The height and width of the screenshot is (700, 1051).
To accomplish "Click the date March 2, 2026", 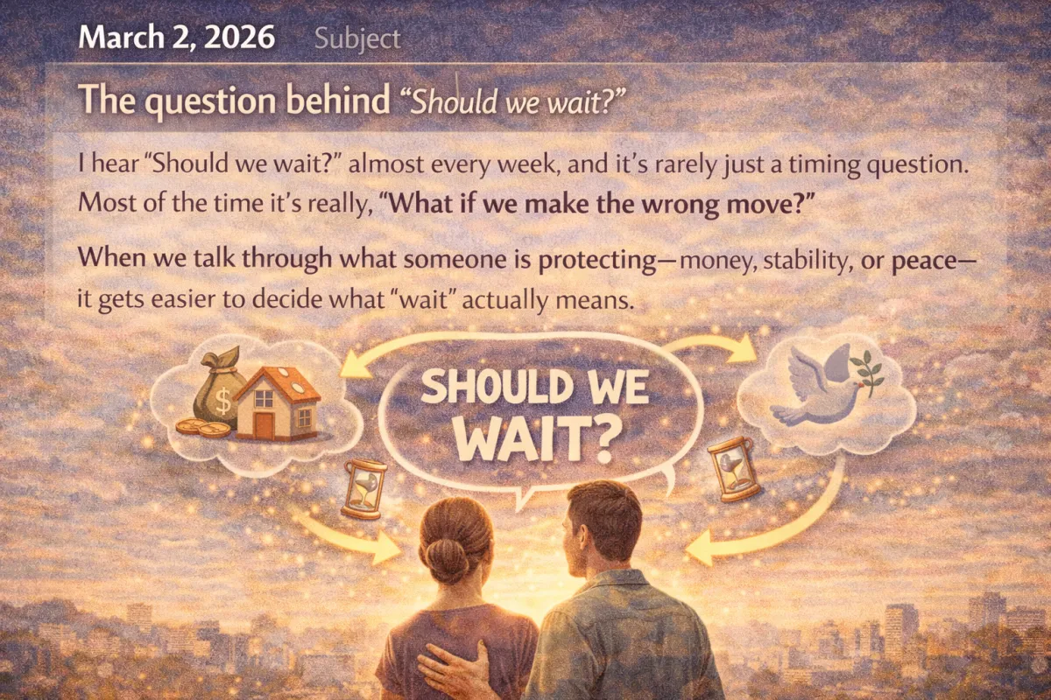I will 176,38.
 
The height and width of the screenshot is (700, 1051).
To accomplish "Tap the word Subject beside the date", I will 356,38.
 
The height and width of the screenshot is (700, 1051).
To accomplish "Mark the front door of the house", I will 264,426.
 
